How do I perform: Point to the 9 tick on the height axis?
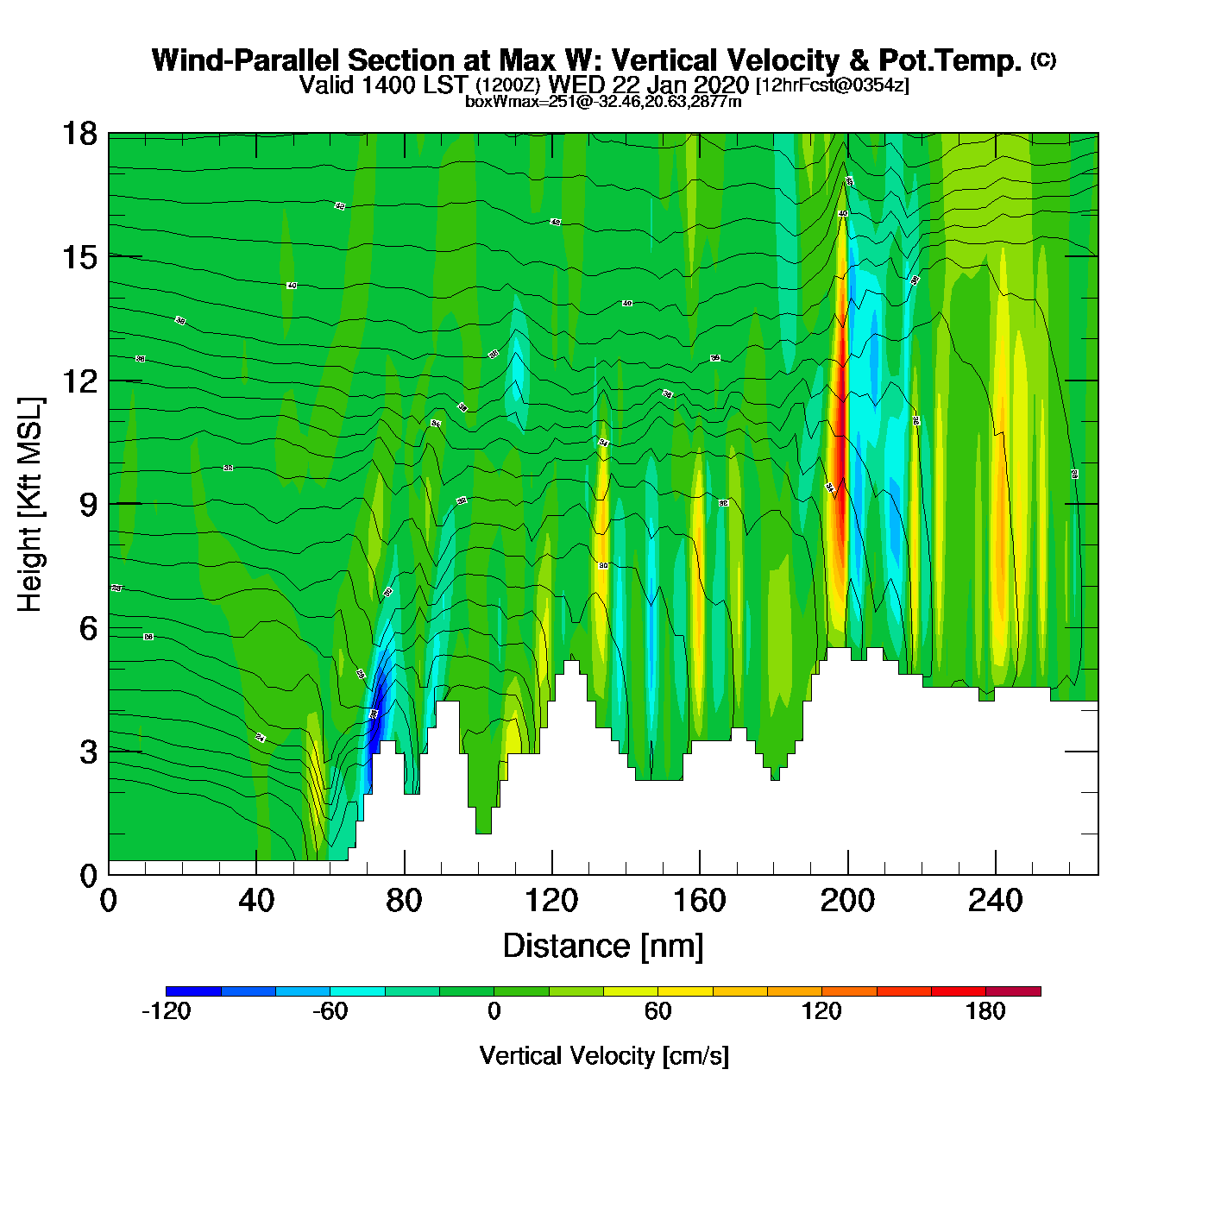click(x=88, y=505)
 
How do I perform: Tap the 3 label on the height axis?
click(x=88, y=752)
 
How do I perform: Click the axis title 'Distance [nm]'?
click(x=603, y=947)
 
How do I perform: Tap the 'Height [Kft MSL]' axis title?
click(x=30, y=505)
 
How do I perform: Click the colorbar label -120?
click(x=166, y=1011)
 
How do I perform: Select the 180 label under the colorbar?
click(x=985, y=1011)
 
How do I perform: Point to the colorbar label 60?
click(x=657, y=1011)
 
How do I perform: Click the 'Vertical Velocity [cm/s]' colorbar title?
click(x=604, y=1056)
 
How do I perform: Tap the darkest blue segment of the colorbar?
click(x=193, y=991)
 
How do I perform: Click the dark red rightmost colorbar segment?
click(x=1013, y=991)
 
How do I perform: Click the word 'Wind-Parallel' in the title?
click(x=247, y=60)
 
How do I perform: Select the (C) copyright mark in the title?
click(x=1043, y=60)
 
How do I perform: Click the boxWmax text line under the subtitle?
click(x=603, y=102)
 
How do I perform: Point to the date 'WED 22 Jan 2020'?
click(x=649, y=85)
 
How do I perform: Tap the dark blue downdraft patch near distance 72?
click(x=375, y=720)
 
